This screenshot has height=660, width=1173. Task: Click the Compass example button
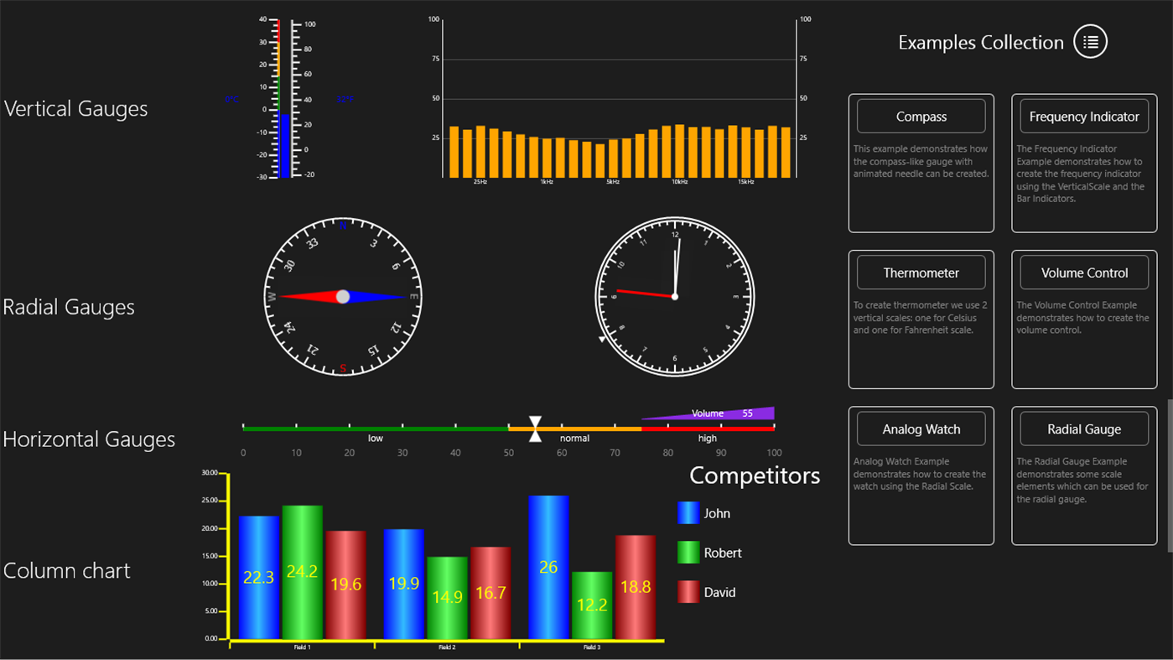[x=921, y=117]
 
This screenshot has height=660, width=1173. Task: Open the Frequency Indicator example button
[x=1084, y=117]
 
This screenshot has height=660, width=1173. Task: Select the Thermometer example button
[x=921, y=273]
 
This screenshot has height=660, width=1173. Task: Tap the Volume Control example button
[x=1084, y=273]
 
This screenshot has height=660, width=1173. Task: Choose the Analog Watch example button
[x=921, y=429]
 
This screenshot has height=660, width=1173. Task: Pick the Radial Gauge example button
[x=1084, y=429]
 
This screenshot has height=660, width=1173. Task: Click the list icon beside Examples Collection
[x=1090, y=42]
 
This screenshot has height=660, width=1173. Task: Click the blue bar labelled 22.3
[x=259, y=577]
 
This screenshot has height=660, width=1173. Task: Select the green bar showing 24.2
[x=302, y=572]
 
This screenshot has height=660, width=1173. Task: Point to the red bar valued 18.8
[x=635, y=587]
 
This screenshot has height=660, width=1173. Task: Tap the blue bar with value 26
[x=548, y=567]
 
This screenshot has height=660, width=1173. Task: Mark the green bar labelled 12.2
[x=592, y=605]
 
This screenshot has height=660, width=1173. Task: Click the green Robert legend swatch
[x=688, y=553]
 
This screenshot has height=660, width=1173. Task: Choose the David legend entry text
[x=719, y=592]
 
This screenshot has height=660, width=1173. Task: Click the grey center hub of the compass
[x=343, y=297]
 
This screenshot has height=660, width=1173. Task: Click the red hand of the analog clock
[x=644, y=293]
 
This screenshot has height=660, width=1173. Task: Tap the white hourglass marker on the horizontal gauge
[x=535, y=429]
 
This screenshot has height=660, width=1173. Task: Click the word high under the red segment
[x=708, y=439]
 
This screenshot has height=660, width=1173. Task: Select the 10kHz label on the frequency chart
[x=680, y=182]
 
